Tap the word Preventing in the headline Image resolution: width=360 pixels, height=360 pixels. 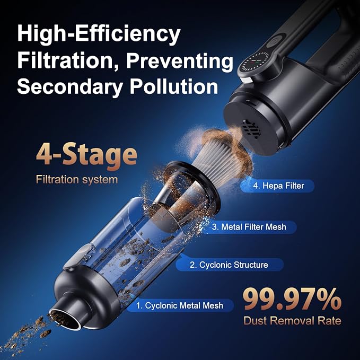180,60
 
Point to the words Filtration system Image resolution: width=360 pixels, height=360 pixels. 77,179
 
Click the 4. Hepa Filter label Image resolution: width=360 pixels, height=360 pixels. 277,186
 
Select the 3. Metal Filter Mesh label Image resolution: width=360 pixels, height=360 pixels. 249,227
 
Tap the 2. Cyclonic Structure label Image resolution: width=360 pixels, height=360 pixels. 229,265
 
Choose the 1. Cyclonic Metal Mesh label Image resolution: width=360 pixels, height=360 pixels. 180,305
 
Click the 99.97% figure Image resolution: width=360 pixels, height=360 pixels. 292,300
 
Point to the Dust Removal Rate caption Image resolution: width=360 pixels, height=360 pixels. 292,321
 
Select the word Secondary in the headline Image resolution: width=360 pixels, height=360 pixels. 70,87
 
